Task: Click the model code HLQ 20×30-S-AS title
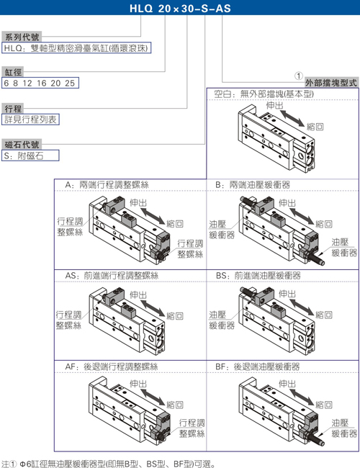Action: point(180,8)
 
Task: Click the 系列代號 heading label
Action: point(22,37)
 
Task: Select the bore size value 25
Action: point(70,83)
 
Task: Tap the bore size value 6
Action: point(6,83)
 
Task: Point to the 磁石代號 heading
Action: point(22,145)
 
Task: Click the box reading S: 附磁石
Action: point(30,156)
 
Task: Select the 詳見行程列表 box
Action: point(30,120)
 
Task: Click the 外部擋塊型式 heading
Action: point(331,83)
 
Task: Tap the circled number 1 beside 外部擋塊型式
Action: point(299,76)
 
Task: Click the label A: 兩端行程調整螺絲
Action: point(107,185)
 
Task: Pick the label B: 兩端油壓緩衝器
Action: point(253,185)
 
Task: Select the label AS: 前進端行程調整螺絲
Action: point(112,276)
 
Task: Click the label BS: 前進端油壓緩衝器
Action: point(258,276)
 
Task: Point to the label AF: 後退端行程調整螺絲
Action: point(112,366)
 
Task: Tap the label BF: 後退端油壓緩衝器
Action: point(258,366)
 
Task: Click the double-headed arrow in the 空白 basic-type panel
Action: point(292,118)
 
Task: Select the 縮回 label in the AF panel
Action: point(175,405)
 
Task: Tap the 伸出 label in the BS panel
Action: point(287,294)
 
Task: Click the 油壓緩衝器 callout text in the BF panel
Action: point(344,428)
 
